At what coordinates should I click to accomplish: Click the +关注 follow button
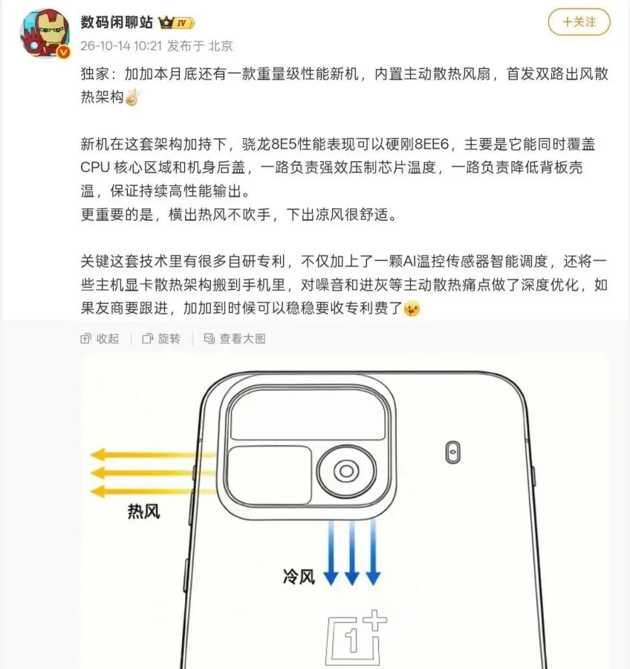pos(579,22)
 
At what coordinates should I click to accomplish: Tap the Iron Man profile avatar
pos(45,33)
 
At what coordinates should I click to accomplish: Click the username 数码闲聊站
pos(117,22)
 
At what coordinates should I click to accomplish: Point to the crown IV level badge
pos(177,22)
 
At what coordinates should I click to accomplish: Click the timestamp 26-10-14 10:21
pos(121,45)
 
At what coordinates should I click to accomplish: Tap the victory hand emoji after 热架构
pos(132,97)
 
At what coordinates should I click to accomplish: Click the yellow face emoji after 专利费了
pos(412,308)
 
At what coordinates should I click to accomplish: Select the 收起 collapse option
pos(100,339)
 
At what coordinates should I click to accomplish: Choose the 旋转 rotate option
pos(161,339)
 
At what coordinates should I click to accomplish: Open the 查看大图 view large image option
pos(235,339)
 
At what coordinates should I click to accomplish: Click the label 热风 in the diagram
pos(143,511)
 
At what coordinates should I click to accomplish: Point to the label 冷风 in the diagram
pos(299,577)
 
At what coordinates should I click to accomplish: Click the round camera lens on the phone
pos(346,471)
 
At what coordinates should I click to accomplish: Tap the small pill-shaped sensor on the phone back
pos(453,452)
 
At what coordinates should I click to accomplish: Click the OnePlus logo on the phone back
pos(356,639)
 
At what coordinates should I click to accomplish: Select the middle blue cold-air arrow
pos(352,553)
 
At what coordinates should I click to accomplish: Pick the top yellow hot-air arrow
pos(153,454)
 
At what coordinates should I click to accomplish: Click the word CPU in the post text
pos(94,167)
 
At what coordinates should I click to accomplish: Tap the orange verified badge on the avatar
pos(64,52)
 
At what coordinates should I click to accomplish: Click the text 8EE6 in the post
pos(432,144)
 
